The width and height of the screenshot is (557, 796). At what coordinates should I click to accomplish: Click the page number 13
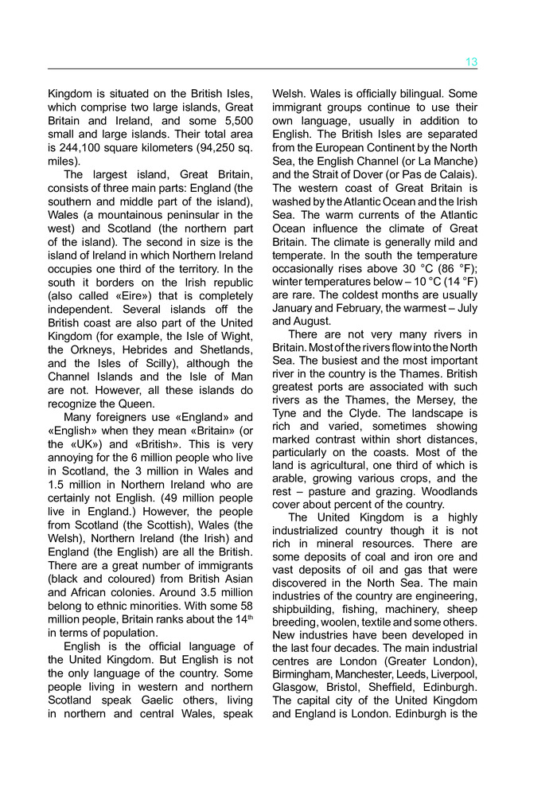[x=471, y=62]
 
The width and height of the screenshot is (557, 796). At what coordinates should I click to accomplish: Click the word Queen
[x=130, y=404]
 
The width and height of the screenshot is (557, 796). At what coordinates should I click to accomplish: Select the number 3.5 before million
[x=197, y=591]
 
